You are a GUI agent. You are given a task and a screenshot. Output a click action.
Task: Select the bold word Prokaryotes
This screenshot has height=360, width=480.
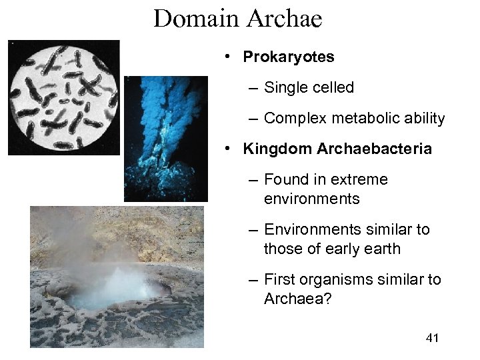(289, 57)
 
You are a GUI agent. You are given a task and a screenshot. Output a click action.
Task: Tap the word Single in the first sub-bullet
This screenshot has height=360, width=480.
(285, 87)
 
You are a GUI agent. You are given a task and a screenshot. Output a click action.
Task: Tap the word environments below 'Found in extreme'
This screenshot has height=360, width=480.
(312, 199)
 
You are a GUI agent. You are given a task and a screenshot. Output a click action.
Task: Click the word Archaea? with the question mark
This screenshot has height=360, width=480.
(292, 299)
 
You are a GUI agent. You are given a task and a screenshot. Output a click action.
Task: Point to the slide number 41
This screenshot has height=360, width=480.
(432, 339)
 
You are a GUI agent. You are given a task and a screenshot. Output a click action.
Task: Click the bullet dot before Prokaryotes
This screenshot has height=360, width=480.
(228, 57)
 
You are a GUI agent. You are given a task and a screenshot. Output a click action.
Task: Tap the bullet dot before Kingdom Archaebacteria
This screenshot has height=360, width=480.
(228, 149)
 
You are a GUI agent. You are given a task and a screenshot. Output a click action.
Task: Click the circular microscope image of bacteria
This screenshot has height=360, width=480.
(64, 97)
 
